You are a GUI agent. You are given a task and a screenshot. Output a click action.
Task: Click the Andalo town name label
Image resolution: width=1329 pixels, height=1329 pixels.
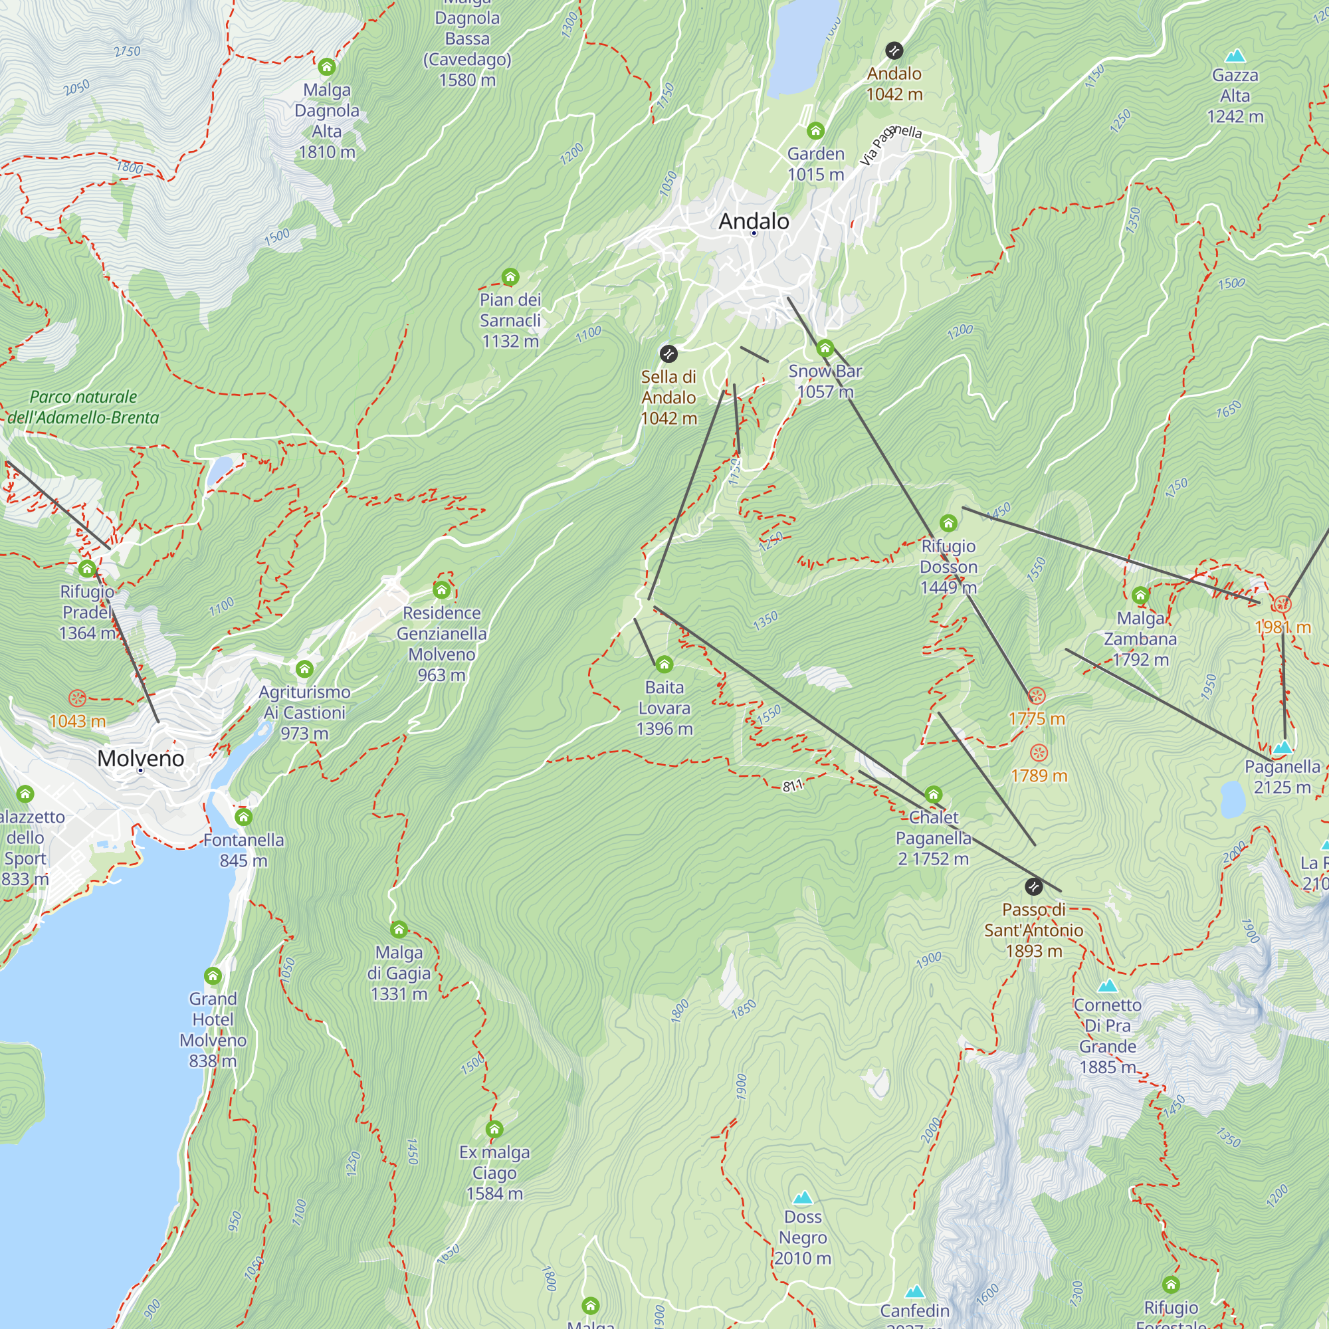[x=754, y=221]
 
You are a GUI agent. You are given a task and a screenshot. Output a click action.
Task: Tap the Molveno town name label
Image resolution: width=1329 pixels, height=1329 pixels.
[x=140, y=758]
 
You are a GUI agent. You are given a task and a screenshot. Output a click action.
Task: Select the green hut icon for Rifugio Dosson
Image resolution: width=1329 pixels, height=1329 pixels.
[x=948, y=524]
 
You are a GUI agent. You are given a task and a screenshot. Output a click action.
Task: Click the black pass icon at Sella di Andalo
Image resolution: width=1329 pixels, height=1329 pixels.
[x=668, y=354]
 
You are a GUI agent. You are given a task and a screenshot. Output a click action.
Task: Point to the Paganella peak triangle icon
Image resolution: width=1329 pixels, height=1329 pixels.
[x=1282, y=747]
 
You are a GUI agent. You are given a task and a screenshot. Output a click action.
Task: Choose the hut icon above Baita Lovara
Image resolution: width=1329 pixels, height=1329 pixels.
[x=664, y=664]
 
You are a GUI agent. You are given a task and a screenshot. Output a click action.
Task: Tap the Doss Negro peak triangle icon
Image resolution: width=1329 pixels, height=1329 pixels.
[x=803, y=1198]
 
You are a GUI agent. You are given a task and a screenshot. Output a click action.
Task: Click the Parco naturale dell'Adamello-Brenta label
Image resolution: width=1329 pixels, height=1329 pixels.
[x=83, y=407]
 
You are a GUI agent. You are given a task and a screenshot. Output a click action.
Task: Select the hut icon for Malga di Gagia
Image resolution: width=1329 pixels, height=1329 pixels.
[x=399, y=930]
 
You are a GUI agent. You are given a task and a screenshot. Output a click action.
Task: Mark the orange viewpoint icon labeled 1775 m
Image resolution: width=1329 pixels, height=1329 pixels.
[x=1037, y=696]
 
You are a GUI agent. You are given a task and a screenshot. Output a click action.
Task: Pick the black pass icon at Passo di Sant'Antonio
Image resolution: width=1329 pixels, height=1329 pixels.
[x=1033, y=886]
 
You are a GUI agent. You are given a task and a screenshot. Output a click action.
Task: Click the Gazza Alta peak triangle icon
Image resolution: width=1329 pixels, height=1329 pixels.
[x=1235, y=56]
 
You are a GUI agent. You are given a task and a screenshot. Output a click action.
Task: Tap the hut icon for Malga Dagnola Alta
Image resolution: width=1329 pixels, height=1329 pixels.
[x=327, y=66]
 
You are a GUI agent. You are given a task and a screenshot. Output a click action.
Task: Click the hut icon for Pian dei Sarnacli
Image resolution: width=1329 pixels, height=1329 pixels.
[x=510, y=277]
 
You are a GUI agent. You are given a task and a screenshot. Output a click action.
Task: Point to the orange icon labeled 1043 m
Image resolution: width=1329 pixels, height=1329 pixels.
[x=77, y=699]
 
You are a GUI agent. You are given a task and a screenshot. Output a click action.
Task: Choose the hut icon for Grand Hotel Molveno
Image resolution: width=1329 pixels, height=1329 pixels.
[x=213, y=976]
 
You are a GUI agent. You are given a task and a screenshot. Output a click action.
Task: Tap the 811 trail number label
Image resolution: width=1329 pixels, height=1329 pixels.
[x=793, y=785]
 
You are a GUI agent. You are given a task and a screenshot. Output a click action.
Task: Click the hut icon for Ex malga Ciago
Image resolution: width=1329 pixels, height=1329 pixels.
[x=494, y=1130]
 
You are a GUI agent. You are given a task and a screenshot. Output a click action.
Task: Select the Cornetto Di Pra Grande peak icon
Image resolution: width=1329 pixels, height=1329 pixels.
[x=1107, y=985]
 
